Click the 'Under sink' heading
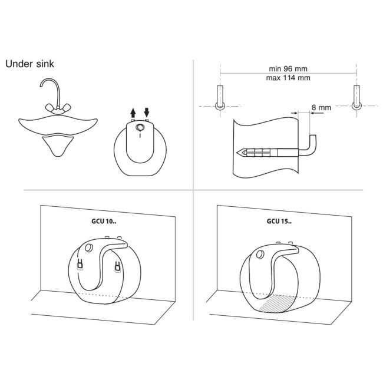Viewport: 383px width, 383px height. pos(29,64)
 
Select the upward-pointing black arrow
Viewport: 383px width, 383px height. pos(133,113)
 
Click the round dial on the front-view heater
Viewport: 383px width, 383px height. pos(140,127)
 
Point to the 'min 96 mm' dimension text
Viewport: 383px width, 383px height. pos(288,69)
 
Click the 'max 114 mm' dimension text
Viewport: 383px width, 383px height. pos(288,78)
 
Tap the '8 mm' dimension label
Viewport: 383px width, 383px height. pos(321,107)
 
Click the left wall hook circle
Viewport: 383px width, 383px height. pos(220,105)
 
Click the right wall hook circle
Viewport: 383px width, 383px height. pos(356,105)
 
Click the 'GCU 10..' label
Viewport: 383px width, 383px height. pos(104,222)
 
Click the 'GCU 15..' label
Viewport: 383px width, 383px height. pos(279,222)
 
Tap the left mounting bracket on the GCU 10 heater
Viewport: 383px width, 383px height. pos(80,265)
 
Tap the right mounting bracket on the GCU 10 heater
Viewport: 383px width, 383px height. pos(117,266)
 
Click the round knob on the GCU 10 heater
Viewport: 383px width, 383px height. pos(88,247)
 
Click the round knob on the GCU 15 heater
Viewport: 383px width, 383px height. pos(260,255)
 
